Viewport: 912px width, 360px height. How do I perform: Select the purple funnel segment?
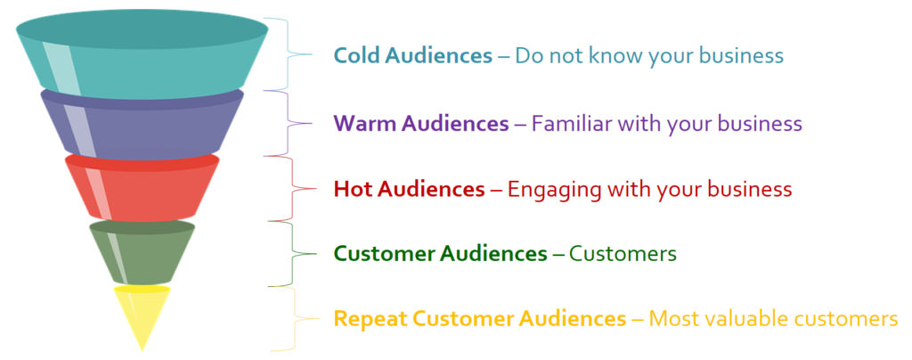pos(142,125)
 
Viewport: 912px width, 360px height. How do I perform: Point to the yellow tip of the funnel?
pos(142,314)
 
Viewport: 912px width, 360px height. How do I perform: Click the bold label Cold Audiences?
pos(413,55)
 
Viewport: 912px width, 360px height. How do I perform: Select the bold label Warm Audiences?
pos(420,123)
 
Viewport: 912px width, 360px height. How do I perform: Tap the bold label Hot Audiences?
pos(409,189)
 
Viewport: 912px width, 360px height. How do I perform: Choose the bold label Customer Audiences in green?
pos(440,254)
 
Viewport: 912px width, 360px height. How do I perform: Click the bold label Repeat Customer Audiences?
pos(480,319)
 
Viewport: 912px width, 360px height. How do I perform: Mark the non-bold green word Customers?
pos(623,254)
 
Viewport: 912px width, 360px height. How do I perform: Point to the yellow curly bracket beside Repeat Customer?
pos(296,319)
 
